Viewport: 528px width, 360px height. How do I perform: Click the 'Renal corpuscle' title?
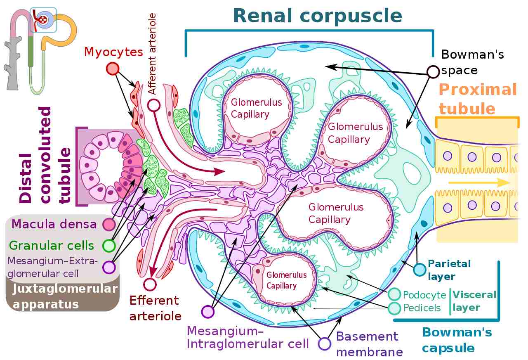318,16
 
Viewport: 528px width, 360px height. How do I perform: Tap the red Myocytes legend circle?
113,69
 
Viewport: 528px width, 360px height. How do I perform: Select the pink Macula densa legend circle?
109,224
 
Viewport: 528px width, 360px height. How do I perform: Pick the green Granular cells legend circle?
109,246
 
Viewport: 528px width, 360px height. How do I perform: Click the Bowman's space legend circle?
433,72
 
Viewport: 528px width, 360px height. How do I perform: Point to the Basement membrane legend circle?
325,344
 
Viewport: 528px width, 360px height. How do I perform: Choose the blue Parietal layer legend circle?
420,270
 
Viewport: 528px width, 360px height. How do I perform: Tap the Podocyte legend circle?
394,295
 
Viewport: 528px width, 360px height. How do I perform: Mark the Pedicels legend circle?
394,308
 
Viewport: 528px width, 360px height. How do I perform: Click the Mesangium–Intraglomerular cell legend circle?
208,311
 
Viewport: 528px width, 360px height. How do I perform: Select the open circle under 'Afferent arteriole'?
154,105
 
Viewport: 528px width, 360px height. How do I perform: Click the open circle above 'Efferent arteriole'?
150,284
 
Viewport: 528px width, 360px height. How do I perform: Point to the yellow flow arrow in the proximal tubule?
478,182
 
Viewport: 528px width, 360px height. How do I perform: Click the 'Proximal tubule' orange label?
478,99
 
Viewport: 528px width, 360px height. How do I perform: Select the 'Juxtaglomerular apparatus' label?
65,296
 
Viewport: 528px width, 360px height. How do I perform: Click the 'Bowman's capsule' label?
457,340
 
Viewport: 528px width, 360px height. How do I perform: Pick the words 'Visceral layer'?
474,301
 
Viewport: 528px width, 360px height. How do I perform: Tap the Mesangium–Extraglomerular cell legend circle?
109,267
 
